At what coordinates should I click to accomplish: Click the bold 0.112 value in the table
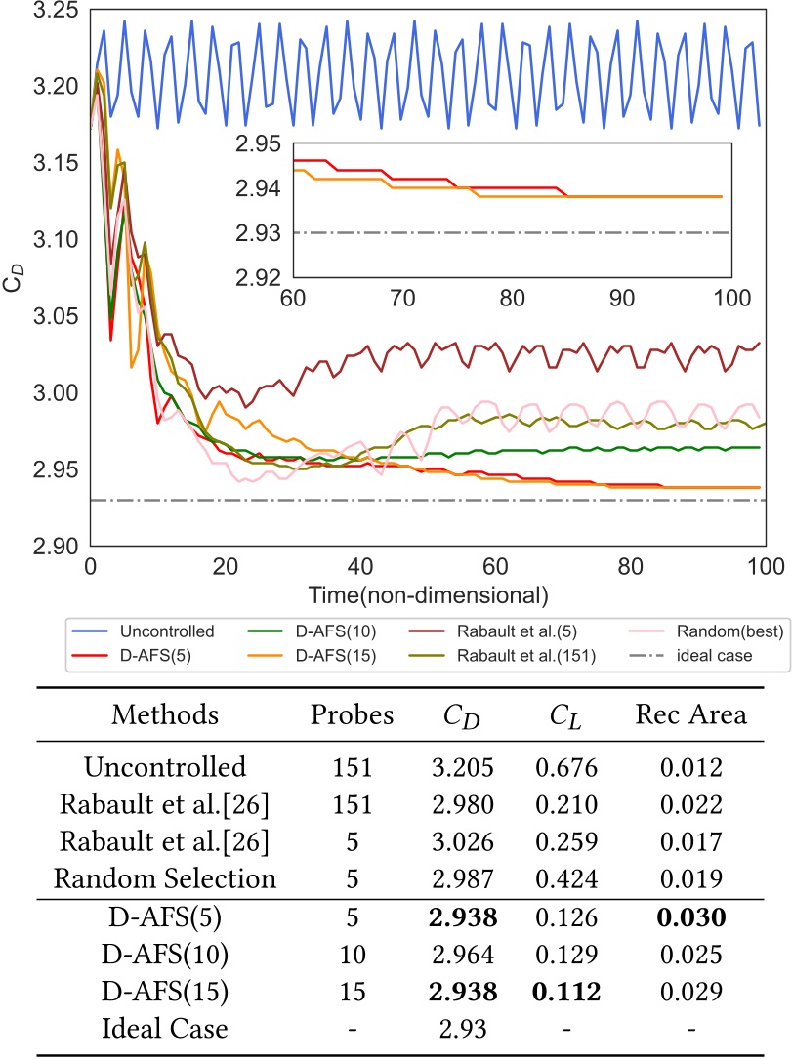pos(561,992)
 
